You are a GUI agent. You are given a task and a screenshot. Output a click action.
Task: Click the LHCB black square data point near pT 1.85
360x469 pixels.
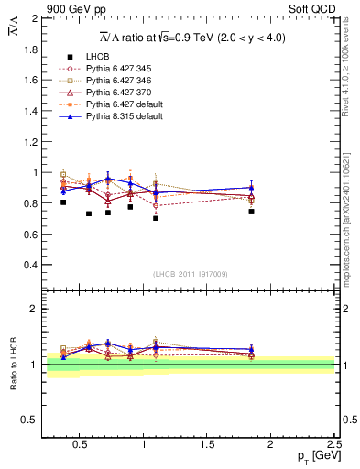[x=251, y=212]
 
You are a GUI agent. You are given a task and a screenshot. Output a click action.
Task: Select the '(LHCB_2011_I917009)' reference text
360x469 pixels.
[x=191, y=274]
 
